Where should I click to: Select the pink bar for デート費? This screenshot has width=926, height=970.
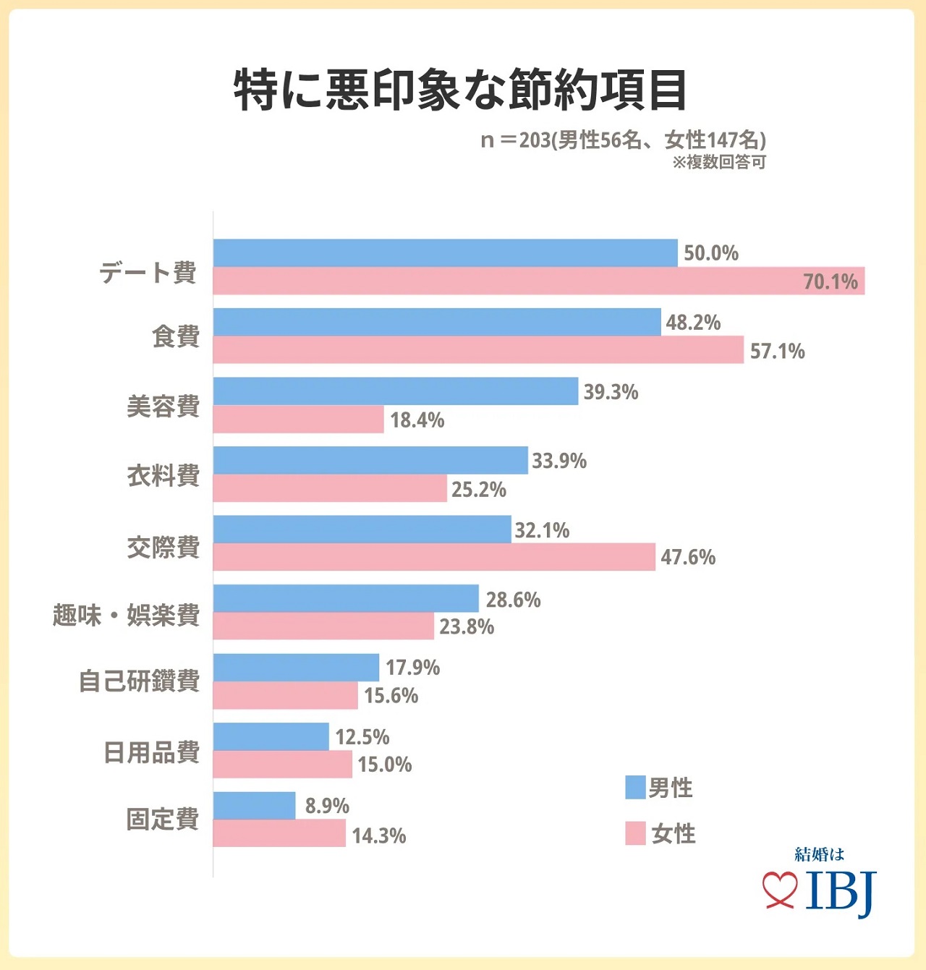click(538, 281)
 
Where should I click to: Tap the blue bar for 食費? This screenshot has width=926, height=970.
click(437, 322)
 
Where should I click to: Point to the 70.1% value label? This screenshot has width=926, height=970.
click(830, 281)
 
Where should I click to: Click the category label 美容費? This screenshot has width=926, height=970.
click(163, 406)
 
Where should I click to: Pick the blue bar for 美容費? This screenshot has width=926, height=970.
click(396, 391)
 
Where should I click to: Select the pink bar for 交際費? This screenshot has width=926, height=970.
click(434, 557)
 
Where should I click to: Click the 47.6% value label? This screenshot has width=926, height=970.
click(687, 557)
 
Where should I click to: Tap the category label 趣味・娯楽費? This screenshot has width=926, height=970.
click(126, 615)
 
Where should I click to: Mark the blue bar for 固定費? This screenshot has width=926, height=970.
click(254, 806)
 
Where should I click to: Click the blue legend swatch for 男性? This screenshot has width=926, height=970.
click(635, 788)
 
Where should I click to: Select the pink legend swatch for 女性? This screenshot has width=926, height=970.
click(635, 833)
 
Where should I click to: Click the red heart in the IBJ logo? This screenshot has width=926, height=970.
click(780, 889)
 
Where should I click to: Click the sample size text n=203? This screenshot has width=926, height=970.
click(622, 140)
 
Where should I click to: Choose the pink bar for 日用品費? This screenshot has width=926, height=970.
click(282, 765)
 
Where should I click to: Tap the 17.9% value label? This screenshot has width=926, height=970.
click(412, 668)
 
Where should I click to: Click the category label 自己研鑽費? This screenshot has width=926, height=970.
click(139, 681)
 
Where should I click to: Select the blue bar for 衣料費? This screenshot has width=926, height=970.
click(370, 461)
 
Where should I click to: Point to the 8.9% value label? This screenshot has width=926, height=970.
click(327, 806)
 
